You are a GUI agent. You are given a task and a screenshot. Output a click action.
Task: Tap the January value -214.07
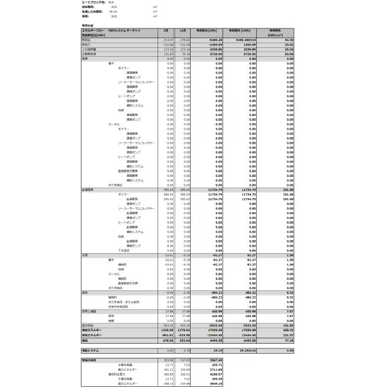pos(168,39)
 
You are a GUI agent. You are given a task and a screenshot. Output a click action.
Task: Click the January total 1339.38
pos(167,329)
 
